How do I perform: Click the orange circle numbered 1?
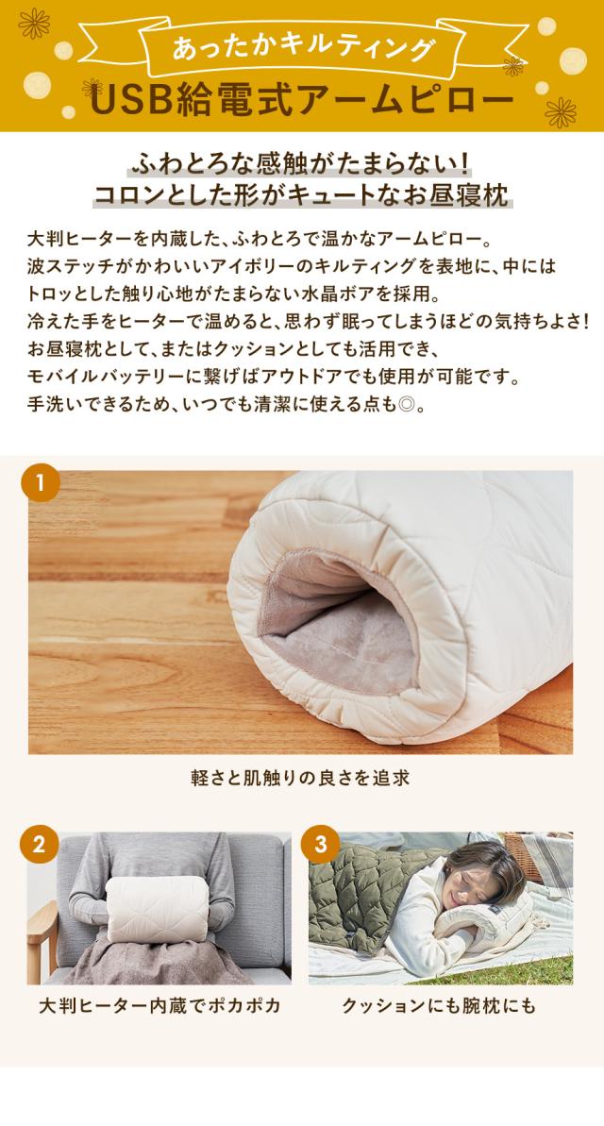click(41, 482)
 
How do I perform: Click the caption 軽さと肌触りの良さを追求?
click(300, 778)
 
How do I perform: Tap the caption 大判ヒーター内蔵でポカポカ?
click(159, 1005)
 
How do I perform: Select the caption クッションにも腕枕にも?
click(439, 1005)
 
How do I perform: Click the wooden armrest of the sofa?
click(42, 933)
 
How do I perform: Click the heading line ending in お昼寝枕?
click(302, 195)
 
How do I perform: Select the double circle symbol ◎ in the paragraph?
click(406, 405)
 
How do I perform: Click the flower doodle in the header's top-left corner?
click(35, 24)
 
